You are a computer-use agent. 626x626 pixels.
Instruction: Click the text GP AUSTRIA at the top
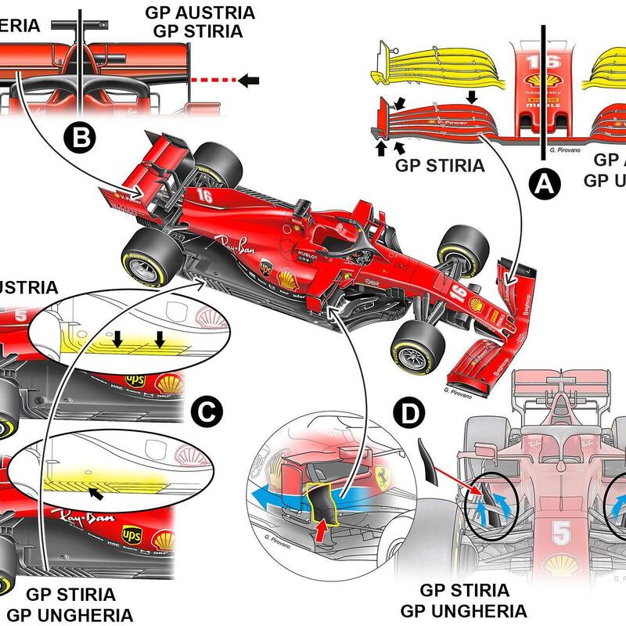199,13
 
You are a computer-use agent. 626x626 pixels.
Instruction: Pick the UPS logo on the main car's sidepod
267,268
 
